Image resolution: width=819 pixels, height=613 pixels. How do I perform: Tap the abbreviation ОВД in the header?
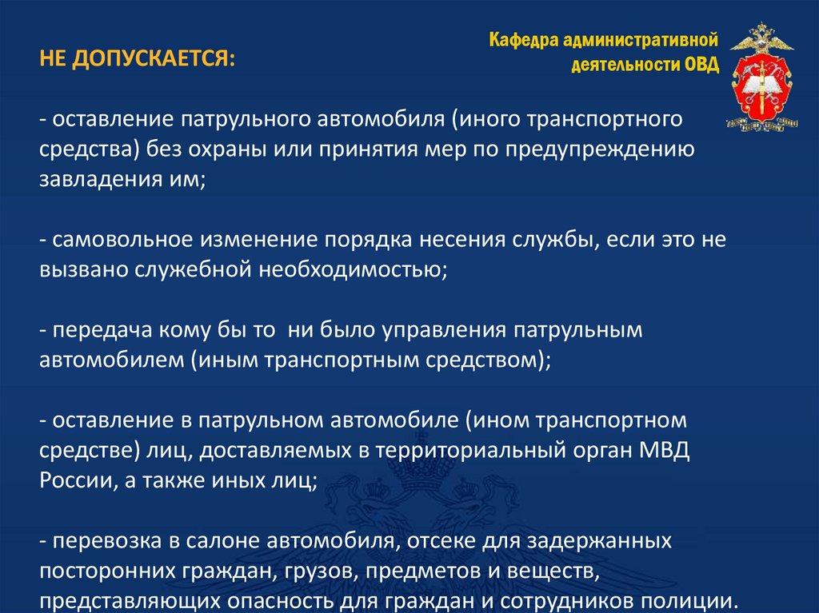(x=701, y=65)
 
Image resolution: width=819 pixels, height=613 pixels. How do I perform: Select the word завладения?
(x=94, y=181)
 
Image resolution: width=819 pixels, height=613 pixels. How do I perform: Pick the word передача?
(x=87, y=331)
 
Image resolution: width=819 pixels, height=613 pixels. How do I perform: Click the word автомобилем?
(x=111, y=361)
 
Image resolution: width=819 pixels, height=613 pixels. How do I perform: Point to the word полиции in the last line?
(x=688, y=601)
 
